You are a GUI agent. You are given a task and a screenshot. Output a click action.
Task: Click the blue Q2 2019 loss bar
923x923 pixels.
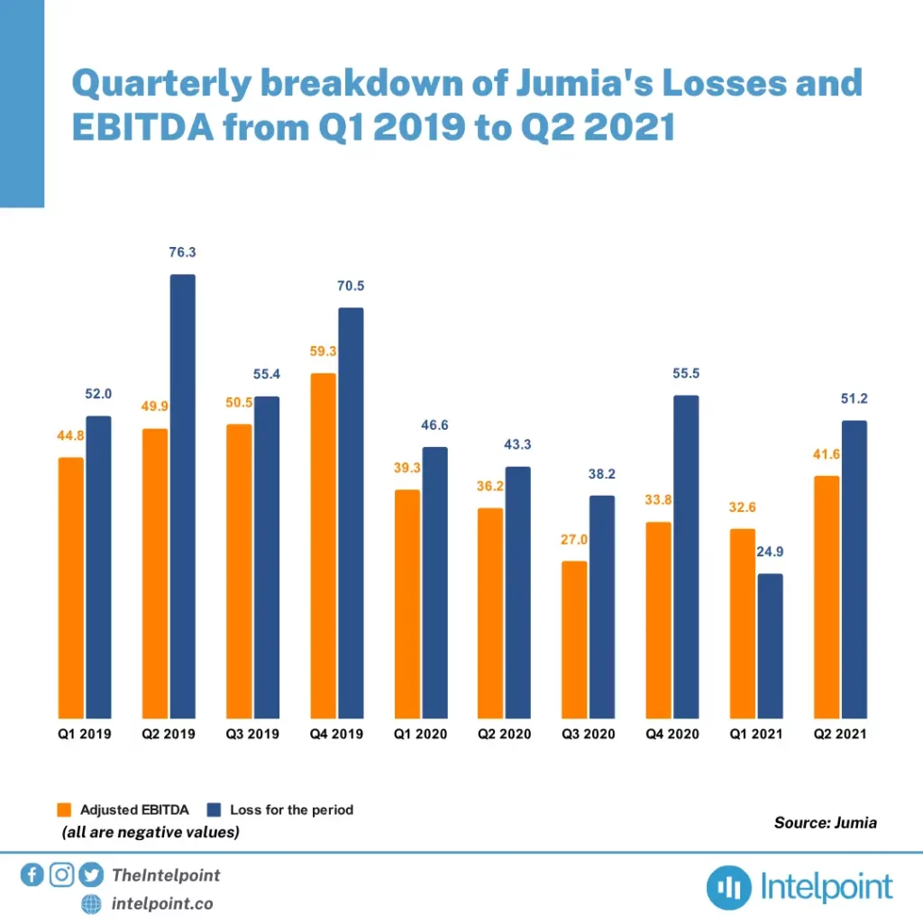[182, 496]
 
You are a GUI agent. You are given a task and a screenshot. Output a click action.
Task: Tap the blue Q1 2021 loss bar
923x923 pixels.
[770, 645]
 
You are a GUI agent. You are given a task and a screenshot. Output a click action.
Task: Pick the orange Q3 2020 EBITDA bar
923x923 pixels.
[574, 639]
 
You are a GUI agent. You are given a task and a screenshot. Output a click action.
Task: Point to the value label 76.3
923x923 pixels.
[182, 253]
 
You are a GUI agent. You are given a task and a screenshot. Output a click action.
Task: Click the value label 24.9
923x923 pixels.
[770, 553]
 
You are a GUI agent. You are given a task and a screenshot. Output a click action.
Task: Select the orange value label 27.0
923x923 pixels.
[573, 540]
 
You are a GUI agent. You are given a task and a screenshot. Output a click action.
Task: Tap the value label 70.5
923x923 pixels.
[351, 287]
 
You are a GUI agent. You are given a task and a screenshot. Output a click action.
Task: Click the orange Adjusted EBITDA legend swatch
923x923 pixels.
[64, 809]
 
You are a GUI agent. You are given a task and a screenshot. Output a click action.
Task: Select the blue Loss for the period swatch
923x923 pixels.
[215, 809]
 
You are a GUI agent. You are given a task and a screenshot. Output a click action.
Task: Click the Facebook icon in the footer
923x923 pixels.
[32, 874]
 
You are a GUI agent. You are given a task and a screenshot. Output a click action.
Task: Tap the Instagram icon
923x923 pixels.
[61, 874]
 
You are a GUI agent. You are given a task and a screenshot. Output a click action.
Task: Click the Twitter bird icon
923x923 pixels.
[91, 874]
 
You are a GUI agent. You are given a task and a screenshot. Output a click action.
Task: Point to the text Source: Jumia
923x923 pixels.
[825, 822]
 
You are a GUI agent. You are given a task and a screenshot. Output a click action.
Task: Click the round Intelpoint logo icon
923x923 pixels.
[729, 888]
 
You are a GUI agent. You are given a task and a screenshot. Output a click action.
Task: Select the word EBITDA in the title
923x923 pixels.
[143, 128]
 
